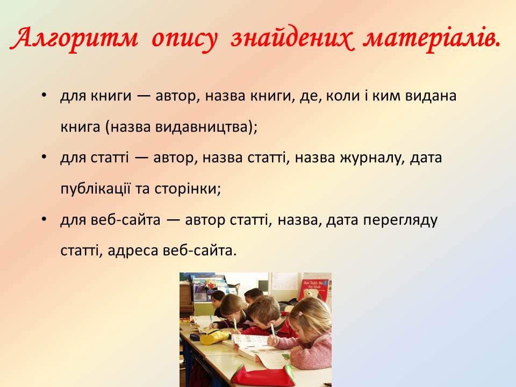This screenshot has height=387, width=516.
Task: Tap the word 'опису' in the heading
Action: [x=184, y=39]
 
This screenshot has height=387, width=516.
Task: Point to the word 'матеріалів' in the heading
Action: [x=431, y=39]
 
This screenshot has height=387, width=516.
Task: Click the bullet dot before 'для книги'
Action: [x=44, y=95]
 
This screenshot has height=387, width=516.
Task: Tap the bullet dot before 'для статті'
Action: [x=44, y=157]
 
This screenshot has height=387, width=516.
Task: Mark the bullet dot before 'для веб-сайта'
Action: [x=44, y=219]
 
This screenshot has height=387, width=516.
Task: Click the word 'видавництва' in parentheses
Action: [x=201, y=127]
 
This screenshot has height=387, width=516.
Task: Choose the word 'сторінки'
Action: [x=187, y=189]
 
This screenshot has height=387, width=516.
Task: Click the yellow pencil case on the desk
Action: [x=214, y=336]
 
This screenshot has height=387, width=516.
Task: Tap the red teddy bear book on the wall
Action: [x=314, y=289]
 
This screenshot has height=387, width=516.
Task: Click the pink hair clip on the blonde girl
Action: [x=300, y=313]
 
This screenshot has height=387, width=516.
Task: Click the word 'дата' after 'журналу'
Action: [x=426, y=158]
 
